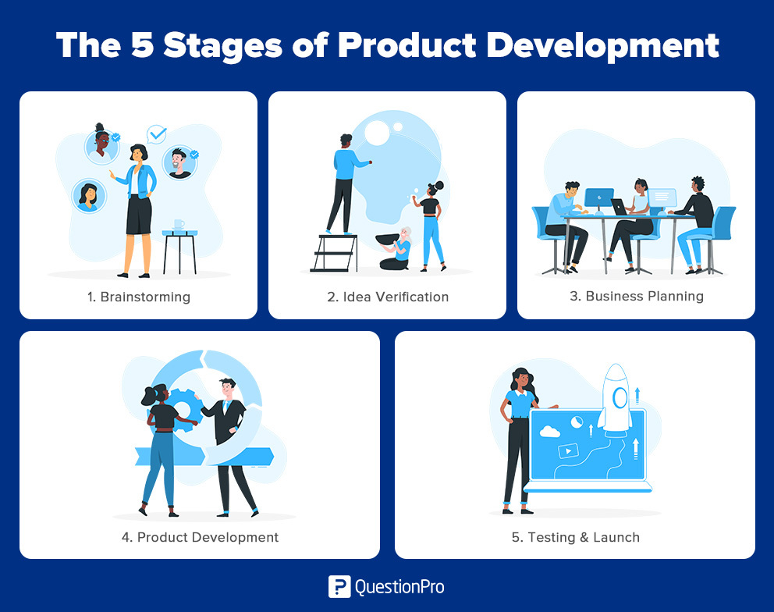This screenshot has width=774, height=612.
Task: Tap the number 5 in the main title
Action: tap(142, 45)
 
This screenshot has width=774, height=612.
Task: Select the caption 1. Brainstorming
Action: tap(139, 297)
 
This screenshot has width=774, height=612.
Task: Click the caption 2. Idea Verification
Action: tap(388, 297)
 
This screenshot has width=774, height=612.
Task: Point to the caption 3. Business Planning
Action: tap(636, 297)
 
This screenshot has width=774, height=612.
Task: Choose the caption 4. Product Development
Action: tap(200, 537)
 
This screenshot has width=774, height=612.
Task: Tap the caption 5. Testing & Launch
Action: tap(576, 537)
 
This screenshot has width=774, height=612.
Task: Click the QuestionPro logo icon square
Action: tap(339, 587)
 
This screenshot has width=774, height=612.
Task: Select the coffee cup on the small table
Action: tap(179, 225)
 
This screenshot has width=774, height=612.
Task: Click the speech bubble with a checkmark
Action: tap(157, 134)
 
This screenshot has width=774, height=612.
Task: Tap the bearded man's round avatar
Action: tap(179, 162)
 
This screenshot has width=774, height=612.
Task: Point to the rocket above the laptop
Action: tap(615, 400)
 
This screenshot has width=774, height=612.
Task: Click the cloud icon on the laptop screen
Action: tap(550, 432)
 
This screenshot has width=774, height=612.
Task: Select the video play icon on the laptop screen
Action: tap(568, 450)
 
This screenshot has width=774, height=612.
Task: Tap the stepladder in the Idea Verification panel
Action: tap(335, 253)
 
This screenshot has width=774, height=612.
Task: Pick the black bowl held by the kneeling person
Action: tap(388, 240)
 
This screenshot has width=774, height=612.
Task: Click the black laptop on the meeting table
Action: tap(619, 206)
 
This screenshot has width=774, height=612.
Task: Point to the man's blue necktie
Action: tap(225, 407)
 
